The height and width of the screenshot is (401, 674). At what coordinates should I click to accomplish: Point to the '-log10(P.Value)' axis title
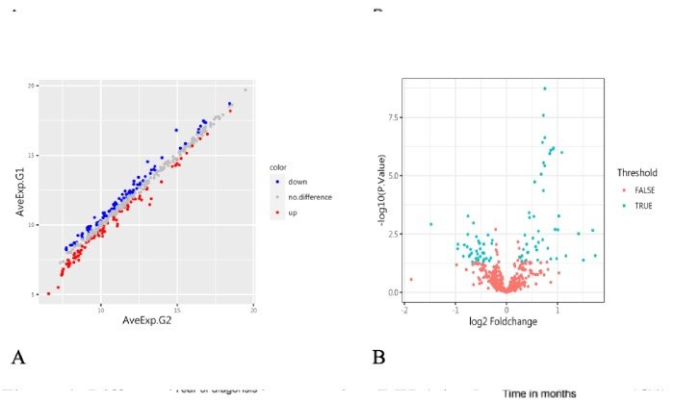click(382, 197)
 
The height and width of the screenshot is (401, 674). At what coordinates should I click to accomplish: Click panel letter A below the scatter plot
click(17, 359)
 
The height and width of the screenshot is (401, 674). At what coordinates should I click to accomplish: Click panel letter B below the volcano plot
click(378, 359)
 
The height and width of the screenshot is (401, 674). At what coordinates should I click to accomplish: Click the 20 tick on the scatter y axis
click(32, 87)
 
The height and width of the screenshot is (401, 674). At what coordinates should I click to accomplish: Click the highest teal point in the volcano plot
click(545, 88)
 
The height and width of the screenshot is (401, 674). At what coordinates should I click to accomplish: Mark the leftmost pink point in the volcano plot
click(411, 279)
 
